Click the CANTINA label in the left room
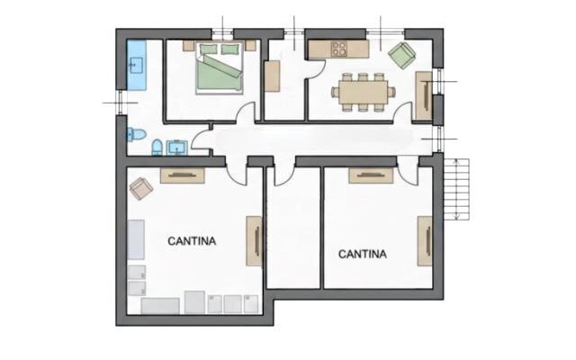[192, 241]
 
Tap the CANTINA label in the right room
[362, 254]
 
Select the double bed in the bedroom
[220, 67]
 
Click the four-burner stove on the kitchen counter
[338, 49]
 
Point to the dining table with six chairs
[364, 92]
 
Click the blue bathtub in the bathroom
[136, 65]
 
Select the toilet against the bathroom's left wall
[136, 134]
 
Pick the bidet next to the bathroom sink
[157, 148]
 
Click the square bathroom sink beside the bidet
[177, 148]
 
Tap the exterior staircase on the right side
[456, 189]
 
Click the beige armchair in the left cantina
[141, 189]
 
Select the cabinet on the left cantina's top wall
[182, 175]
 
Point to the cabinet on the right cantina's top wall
[371, 175]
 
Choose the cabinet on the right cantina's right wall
[425, 240]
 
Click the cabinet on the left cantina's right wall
[254, 240]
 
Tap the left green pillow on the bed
[208, 49]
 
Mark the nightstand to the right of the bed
[250, 46]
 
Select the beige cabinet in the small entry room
[272, 76]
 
